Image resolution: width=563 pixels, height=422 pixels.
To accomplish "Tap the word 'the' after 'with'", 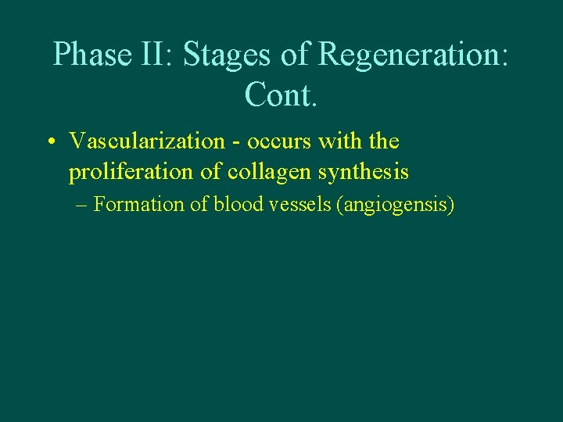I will click(383, 141).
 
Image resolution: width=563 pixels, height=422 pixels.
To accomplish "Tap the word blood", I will click(235, 205).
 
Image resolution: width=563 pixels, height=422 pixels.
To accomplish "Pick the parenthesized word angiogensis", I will click(395, 206).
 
